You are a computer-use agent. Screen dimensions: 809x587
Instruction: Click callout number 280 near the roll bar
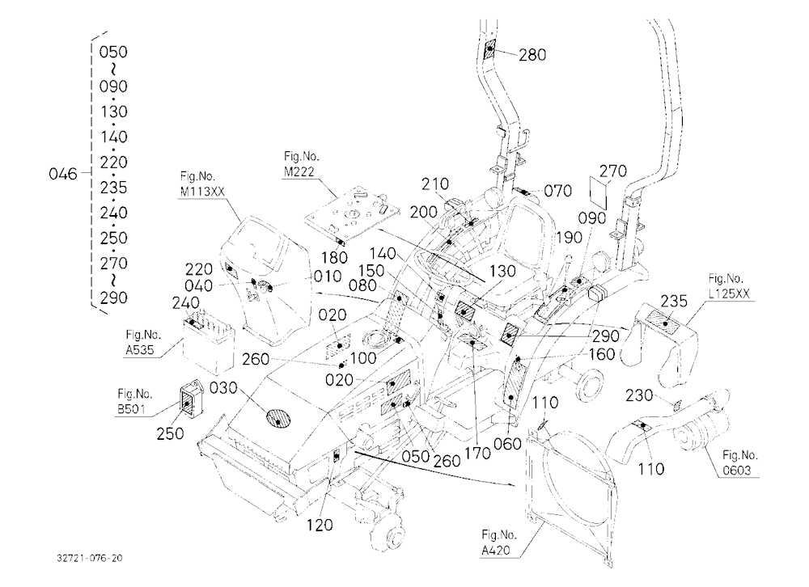coord(532,54)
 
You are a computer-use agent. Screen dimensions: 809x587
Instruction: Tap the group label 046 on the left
coord(62,174)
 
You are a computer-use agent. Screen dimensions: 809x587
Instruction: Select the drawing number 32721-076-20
coord(91,558)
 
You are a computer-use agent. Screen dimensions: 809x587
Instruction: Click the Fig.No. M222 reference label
coord(301,164)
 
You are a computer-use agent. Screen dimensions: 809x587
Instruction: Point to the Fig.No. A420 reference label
coord(498,542)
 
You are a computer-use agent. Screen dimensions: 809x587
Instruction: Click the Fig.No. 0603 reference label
coord(740,462)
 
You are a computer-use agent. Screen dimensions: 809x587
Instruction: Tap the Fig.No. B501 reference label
coord(134,401)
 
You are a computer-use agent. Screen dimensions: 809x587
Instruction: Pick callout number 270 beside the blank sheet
coord(613,171)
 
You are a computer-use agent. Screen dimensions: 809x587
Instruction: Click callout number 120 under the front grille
coord(320,525)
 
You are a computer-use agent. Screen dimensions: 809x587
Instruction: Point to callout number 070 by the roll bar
coord(557,191)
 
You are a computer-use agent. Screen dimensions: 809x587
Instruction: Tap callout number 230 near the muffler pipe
coord(639,395)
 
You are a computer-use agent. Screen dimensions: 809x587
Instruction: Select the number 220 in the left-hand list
coord(113,162)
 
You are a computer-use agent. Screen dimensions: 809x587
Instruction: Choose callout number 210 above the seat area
coord(435,184)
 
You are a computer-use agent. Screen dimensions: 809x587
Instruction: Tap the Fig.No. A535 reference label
coord(140,343)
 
